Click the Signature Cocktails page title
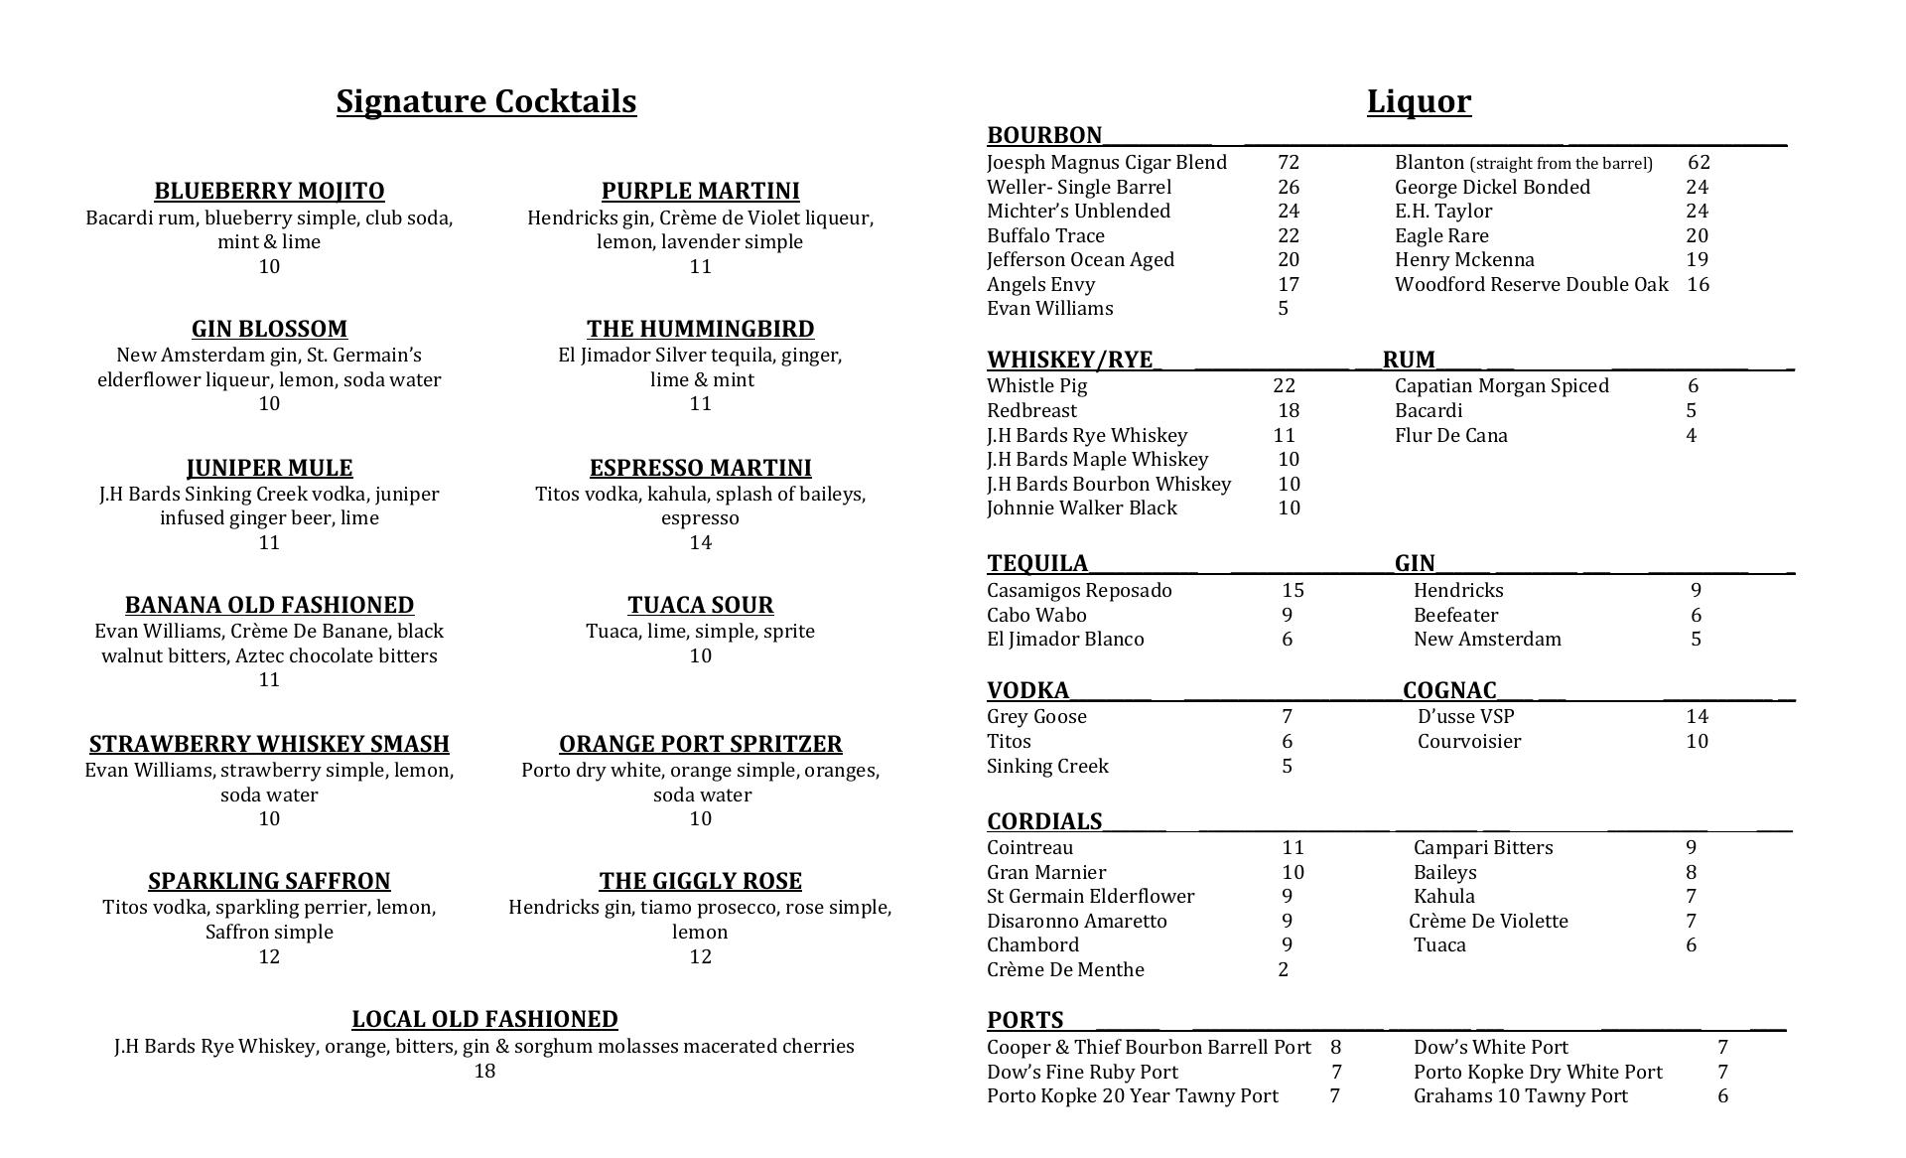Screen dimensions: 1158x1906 click(485, 101)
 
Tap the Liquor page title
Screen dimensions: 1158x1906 click(1419, 101)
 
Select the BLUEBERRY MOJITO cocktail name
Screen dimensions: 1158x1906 click(269, 191)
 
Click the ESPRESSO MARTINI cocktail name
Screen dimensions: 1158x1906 click(700, 468)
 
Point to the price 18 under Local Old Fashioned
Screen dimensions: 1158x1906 click(484, 1071)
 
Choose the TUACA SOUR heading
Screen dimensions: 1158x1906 click(700, 605)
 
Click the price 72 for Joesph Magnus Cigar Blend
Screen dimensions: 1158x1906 click(1289, 163)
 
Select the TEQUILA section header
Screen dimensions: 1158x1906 click(1037, 563)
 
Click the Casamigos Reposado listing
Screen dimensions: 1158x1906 click(1079, 591)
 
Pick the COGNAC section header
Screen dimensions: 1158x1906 click(1449, 690)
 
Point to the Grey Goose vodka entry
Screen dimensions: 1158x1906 click(1036, 717)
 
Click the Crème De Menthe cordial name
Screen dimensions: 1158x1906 click(1065, 970)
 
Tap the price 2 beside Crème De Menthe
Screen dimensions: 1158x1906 click(1283, 970)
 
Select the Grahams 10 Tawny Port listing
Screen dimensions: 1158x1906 click(1520, 1096)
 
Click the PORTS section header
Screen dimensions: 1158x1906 click(1024, 1020)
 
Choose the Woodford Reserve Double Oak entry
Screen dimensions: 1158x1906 click(1531, 285)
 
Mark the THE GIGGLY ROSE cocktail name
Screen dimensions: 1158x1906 click(700, 882)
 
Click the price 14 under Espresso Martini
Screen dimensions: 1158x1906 click(700, 542)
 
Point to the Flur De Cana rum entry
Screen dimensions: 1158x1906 click(1450, 436)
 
